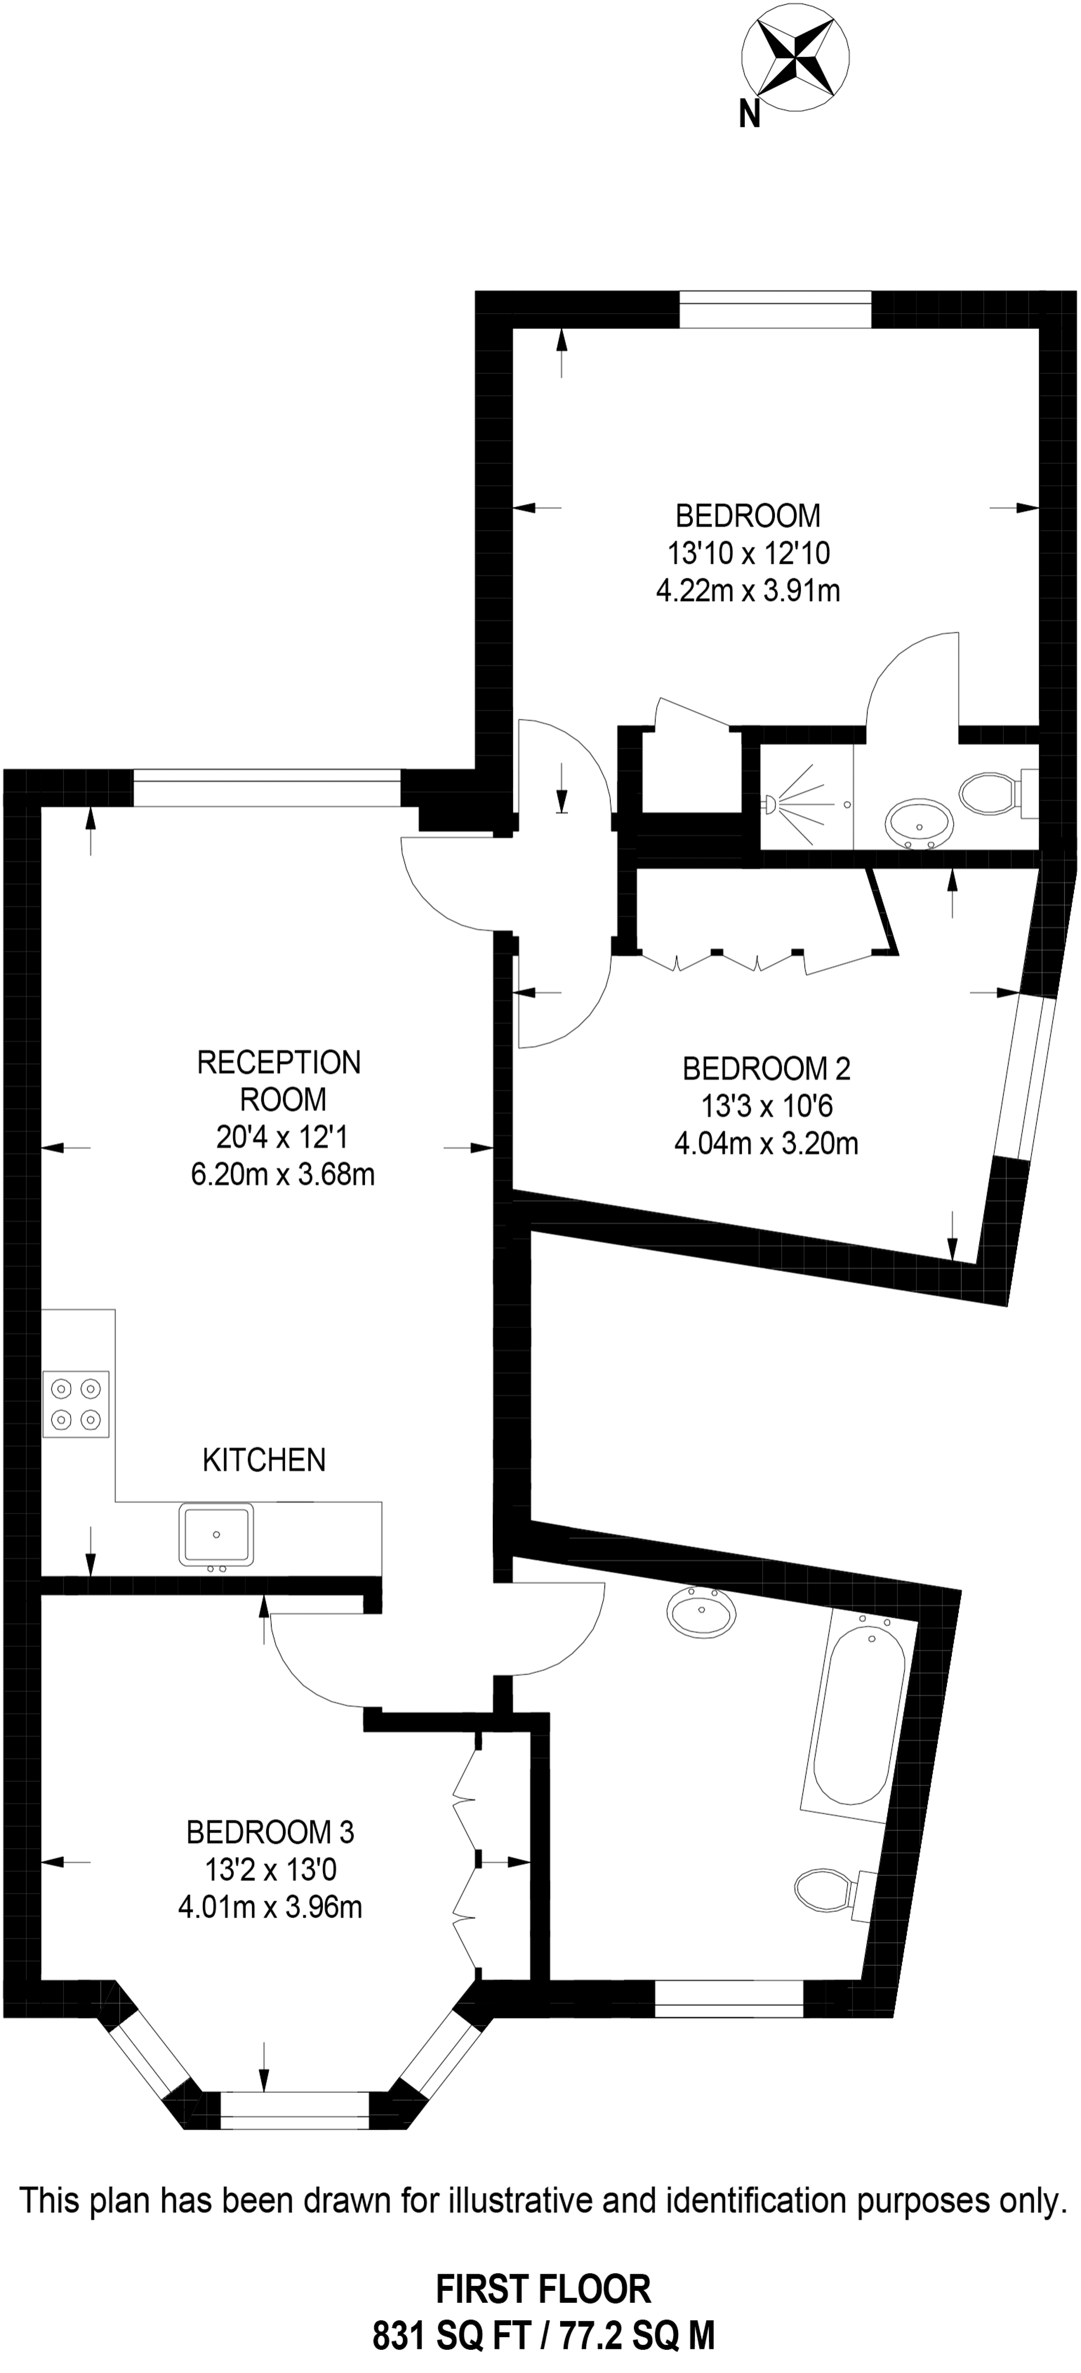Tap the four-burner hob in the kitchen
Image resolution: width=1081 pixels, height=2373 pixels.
coord(76,1404)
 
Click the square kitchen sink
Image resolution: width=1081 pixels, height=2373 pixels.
coord(216,1534)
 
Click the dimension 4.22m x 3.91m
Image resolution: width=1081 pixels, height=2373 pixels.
coord(748,590)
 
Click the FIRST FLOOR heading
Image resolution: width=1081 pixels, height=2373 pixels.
coord(543,2288)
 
